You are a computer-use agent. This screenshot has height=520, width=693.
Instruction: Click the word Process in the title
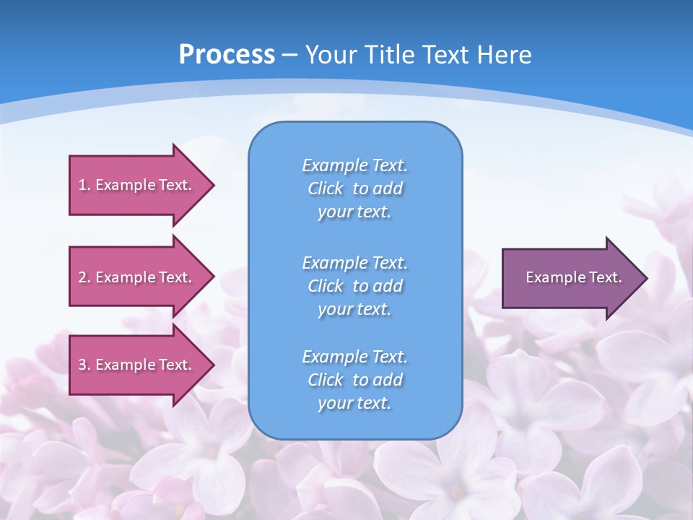[227, 55]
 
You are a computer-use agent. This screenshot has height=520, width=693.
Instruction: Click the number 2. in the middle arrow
[84, 277]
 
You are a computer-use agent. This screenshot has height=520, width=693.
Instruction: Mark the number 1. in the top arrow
[84, 185]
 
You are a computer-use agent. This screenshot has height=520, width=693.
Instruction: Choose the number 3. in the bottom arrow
[84, 365]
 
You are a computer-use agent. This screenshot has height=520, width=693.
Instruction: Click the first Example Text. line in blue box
[354, 165]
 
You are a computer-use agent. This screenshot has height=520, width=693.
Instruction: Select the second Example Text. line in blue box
[354, 262]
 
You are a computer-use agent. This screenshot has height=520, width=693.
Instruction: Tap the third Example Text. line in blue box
[354, 357]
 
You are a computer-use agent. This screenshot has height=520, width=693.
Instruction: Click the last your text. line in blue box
[354, 403]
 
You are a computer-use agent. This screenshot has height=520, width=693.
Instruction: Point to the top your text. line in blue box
[354, 212]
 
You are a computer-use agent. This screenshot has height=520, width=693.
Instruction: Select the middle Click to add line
[354, 286]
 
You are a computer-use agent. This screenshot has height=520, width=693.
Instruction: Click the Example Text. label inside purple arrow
[573, 277]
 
